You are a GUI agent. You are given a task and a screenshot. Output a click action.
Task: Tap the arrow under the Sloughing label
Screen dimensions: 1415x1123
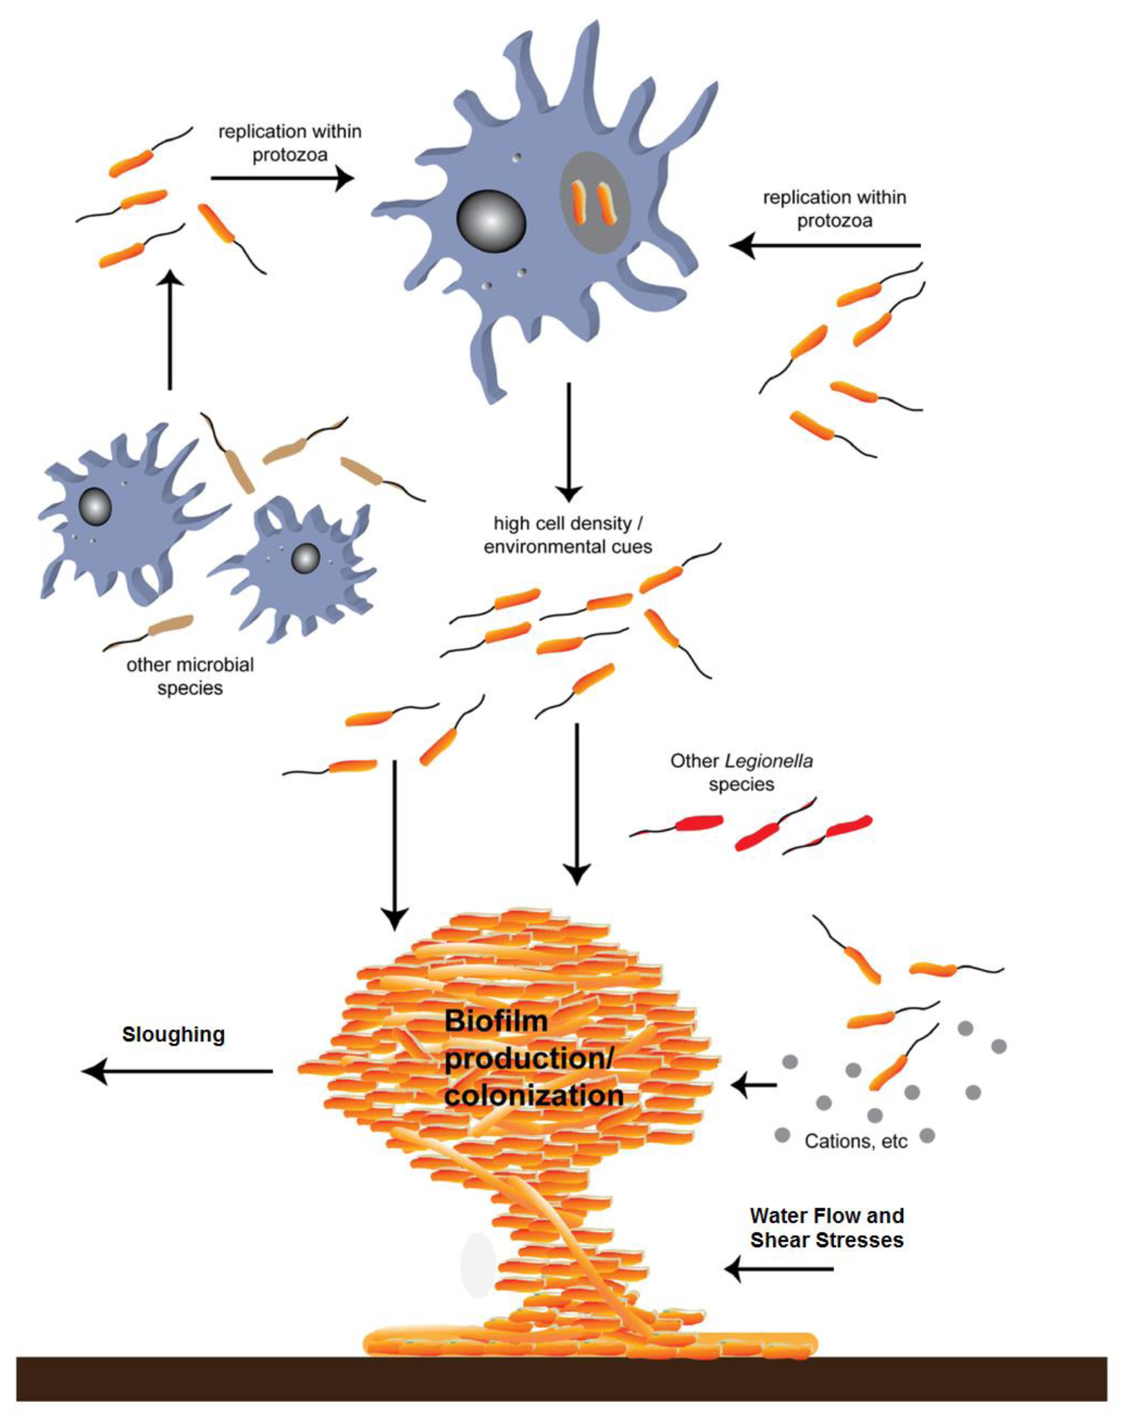pyautogui.click(x=177, y=1071)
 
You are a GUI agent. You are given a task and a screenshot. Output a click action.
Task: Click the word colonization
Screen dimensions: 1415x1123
pyautogui.click(x=533, y=1096)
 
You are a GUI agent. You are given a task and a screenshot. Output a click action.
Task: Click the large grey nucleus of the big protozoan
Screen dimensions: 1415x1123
pyautogui.click(x=491, y=221)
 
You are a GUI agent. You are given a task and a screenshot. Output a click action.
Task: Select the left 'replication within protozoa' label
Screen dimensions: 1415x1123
pyautogui.click(x=289, y=143)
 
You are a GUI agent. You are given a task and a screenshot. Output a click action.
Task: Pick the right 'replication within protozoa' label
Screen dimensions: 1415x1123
pyautogui.click(x=834, y=209)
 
